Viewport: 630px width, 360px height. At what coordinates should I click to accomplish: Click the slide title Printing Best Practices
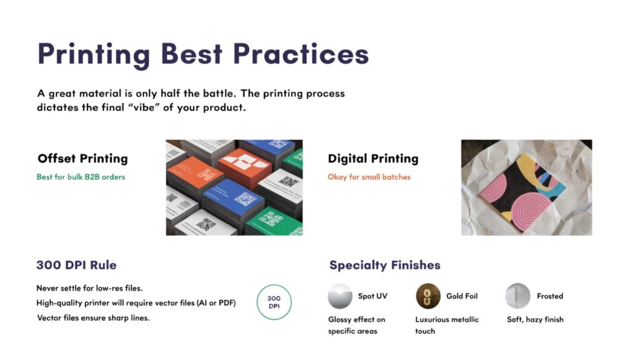tap(203, 54)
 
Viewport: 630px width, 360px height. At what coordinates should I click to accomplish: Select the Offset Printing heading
tap(83, 159)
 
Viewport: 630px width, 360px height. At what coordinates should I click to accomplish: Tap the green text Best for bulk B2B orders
tap(81, 177)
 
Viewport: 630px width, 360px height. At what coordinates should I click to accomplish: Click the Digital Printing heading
tap(373, 159)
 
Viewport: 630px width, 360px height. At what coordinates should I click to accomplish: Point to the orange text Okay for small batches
tap(369, 177)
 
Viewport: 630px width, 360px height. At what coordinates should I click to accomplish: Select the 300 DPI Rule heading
tap(76, 265)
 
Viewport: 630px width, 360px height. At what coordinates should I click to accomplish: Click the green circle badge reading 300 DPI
tap(274, 285)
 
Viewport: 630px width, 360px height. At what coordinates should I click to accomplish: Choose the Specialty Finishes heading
tap(385, 265)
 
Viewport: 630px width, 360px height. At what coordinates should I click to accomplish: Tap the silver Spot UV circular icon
tap(340, 296)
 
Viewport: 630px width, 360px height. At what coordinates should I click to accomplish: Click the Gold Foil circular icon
tap(428, 296)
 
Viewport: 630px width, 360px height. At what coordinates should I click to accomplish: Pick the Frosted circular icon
tap(517, 296)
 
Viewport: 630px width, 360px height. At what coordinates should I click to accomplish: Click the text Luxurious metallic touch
tap(447, 325)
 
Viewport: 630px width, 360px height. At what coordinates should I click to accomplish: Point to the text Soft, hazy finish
tap(535, 319)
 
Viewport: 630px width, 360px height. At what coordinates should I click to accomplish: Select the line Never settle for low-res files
tap(89, 288)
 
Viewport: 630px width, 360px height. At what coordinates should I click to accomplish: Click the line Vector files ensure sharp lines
tap(94, 318)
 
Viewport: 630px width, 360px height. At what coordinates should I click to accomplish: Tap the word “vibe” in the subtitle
tap(143, 108)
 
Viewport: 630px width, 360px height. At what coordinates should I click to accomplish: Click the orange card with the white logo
tap(244, 168)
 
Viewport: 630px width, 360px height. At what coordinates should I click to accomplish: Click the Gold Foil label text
tap(462, 296)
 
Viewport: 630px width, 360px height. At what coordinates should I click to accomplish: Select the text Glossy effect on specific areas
tap(356, 325)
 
